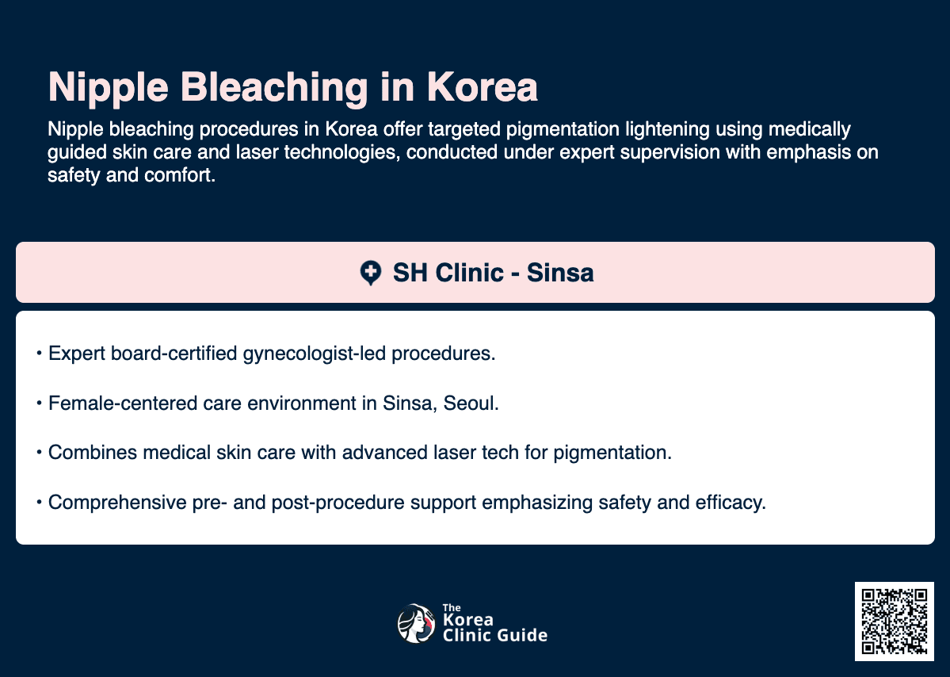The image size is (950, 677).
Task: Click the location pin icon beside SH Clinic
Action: click(x=370, y=273)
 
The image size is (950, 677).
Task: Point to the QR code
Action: click(x=895, y=621)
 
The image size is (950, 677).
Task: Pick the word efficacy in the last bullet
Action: click(x=736, y=503)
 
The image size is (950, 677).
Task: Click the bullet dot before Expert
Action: click(x=39, y=354)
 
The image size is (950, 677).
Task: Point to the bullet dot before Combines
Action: click(x=39, y=454)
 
